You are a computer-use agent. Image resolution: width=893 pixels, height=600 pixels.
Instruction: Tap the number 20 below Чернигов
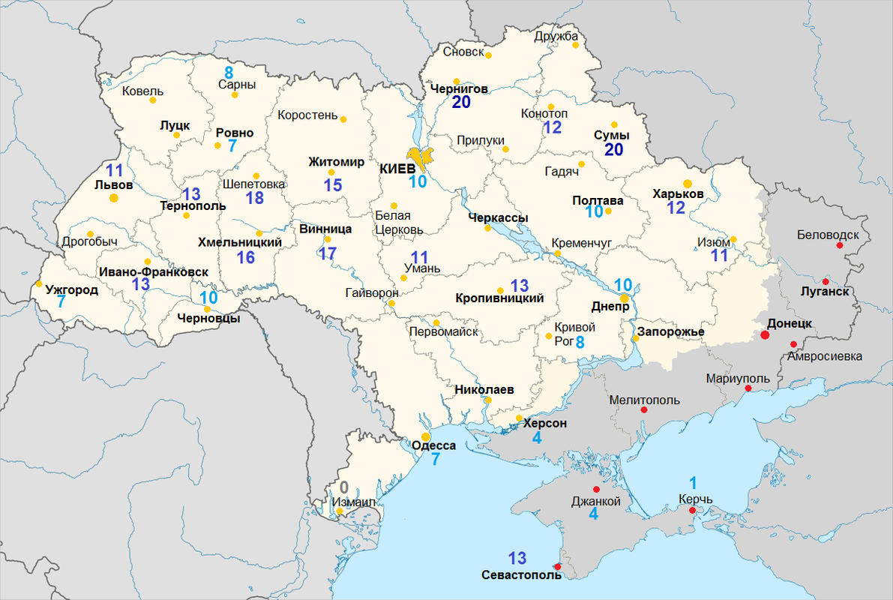(x=461, y=103)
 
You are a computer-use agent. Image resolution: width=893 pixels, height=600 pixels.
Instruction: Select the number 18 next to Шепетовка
(x=254, y=198)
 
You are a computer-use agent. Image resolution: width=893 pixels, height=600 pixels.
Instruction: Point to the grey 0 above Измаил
(x=344, y=486)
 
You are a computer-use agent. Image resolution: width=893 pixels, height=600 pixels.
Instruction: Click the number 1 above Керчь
(x=693, y=483)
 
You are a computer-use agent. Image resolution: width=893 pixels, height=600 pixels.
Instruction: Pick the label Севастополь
(x=521, y=575)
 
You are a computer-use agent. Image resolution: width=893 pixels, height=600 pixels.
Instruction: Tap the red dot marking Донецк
(x=765, y=334)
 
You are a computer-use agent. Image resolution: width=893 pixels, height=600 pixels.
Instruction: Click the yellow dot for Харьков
(x=688, y=182)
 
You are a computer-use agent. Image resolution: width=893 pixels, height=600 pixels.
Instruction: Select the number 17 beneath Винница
(x=327, y=253)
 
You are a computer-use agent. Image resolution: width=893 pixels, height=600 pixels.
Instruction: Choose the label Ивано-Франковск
(x=152, y=272)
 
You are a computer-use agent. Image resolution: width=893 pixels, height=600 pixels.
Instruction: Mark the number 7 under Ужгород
(x=61, y=301)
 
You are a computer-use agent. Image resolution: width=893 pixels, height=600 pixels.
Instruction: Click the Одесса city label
(x=434, y=445)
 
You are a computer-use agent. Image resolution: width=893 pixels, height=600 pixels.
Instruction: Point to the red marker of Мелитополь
(x=643, y=410)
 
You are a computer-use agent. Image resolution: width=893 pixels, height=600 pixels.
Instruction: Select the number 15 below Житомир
(x=333, y=185)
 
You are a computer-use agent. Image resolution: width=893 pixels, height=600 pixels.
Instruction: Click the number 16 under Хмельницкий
(x=245, y=258)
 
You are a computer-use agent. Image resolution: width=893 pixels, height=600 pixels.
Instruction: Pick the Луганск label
(x=824, y=292)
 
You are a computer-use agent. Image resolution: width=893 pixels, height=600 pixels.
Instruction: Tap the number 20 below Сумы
(x=614, y=150)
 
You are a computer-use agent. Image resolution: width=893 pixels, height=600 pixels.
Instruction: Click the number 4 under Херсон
(x=537, y=438)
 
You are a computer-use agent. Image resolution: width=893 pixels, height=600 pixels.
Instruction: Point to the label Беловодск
(x=829, y=235)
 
